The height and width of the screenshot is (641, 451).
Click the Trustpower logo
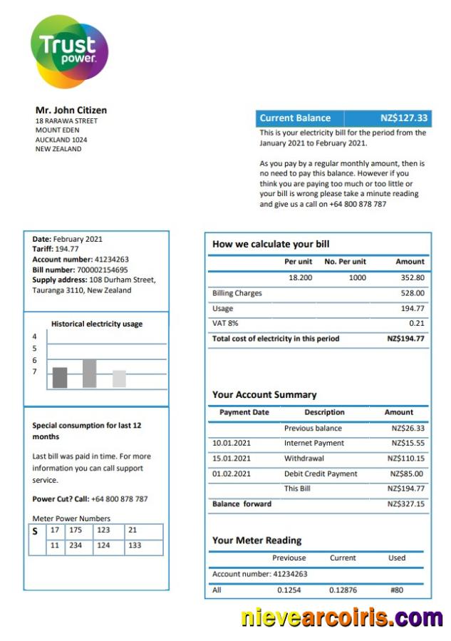coord(69,51)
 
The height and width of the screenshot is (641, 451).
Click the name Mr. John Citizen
coord(71,110)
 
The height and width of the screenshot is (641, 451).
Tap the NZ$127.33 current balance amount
coord(404,118)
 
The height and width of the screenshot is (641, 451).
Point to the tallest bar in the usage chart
coord(89,374)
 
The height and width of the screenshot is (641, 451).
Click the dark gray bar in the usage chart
coord(60,378)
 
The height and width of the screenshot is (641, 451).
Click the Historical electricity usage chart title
coord(97,324)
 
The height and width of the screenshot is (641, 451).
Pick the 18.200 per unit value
coord(300,277)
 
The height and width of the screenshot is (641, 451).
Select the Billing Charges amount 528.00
coord(413,293)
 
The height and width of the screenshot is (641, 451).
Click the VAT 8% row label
coord(224,324)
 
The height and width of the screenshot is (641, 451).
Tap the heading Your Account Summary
coord(264,394)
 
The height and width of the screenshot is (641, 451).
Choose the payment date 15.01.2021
coord(232,458)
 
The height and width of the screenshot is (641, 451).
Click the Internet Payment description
coord(313,443)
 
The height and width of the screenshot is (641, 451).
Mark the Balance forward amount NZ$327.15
coord(405,504)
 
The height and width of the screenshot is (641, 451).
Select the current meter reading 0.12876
coord(343,590)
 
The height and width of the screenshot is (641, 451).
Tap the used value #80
coord(397,590)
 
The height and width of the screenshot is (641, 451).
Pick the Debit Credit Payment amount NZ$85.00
coord(406,474)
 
